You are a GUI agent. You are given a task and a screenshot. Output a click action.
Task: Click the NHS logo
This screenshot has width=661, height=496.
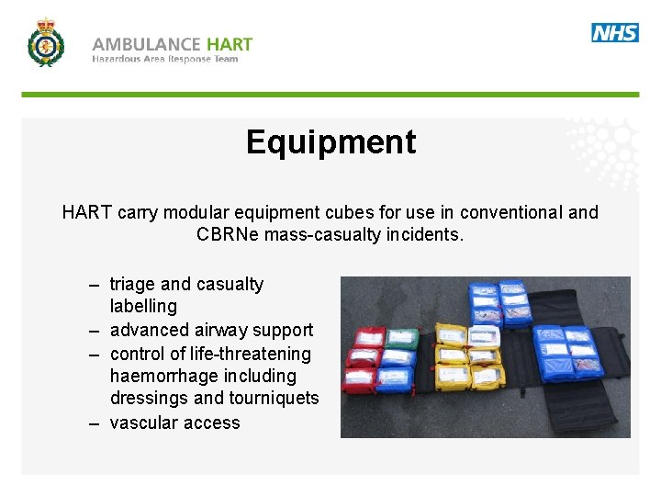pyautogui.click(x=614, y=33)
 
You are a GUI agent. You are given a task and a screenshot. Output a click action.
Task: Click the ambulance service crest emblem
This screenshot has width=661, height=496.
pyautogui.click(x=45, y=43)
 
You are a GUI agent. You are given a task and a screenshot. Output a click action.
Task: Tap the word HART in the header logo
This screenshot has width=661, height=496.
pyautogui.click(x=230, y=43)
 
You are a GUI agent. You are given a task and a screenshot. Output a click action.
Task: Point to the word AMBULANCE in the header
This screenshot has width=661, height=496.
pyautogui.click(x=146, y=43)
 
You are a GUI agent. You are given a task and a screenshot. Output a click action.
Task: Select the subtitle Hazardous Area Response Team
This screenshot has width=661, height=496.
pyautogui.click(x=164, y=60)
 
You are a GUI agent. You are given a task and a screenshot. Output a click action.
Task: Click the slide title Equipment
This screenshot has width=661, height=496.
pyautogui.click(x=330, y=142)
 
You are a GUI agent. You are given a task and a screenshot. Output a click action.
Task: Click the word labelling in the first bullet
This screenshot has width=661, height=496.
pyautogui.click(x=143, y=307)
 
